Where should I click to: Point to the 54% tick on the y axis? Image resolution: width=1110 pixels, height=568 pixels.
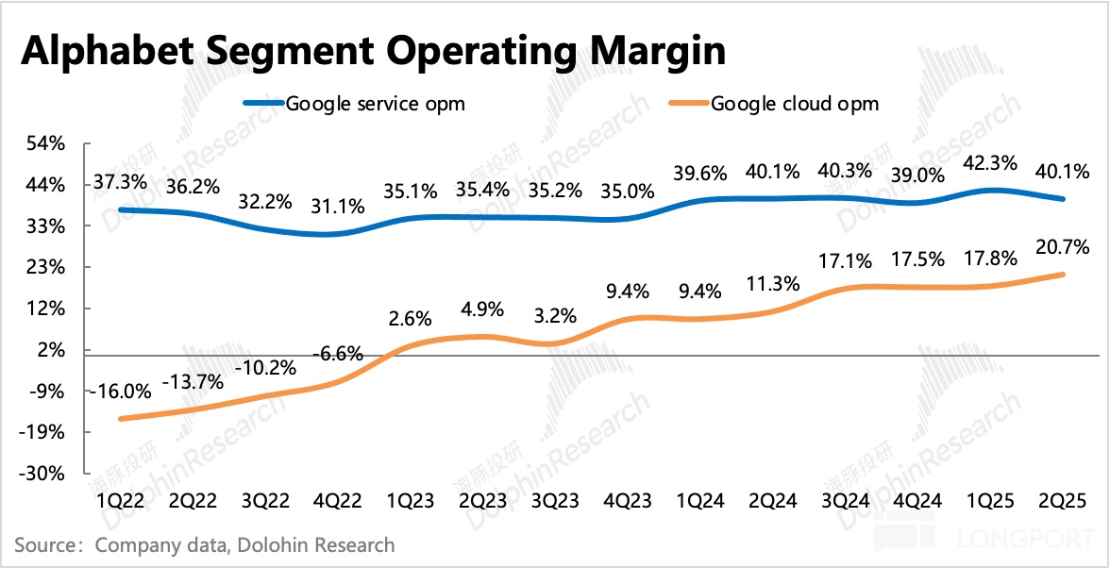click(46, 144)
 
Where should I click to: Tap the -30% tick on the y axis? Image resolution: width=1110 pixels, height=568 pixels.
click(44, 474)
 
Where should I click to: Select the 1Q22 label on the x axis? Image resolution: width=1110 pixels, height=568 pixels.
click(119, 501)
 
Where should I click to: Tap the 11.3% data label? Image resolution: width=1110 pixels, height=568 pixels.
click(774, 283)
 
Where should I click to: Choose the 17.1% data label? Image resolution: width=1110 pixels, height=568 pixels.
click(846, 258)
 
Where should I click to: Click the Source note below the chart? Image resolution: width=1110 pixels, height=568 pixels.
click(205, 545)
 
